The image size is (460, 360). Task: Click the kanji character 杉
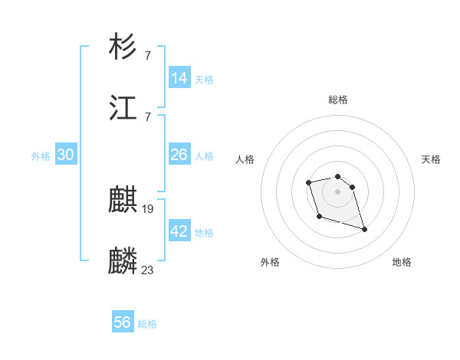point(123,47)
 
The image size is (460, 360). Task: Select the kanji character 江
point(123,108)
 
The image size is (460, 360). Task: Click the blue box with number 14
point(179,78)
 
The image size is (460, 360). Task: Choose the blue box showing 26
point(179,155)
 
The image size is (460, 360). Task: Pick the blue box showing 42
point(179,231)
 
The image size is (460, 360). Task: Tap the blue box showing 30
point(66,155)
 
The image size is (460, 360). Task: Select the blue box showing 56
point(123,322)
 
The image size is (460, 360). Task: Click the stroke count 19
point(148,208)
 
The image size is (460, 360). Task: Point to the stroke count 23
point(148,270)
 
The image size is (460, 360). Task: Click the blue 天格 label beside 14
point(204,80)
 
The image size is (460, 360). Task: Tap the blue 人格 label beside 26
point(204,156)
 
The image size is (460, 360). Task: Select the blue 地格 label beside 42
point(204,233)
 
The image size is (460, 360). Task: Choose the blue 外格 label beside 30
point(41,156)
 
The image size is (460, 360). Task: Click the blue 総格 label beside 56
point(147,324)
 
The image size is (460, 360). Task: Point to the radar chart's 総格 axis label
point(338,100)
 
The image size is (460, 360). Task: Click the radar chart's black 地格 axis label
point(402,263)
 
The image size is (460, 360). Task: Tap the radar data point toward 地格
point(364,229)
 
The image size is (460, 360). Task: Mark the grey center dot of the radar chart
point(338,191)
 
